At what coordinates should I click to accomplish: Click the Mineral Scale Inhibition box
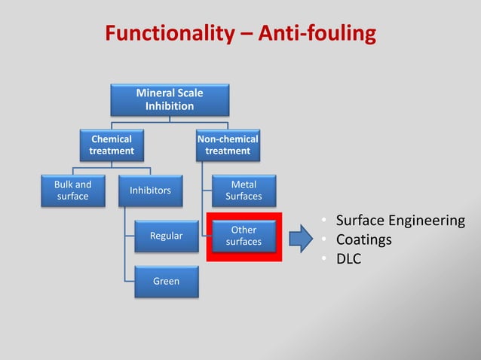click(x=170, y=99)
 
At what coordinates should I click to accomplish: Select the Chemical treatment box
click(x=111, y=145)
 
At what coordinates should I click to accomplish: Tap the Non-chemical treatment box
click(x=228, y=145)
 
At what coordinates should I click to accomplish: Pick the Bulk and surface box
click(x=73, y=191)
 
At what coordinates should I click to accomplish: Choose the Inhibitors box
click(x=150, y=191)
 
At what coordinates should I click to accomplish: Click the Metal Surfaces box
click(x=244, y=191)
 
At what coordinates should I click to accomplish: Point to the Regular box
click(x=167, y=236)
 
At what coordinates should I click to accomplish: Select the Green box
click(x=167, y=281)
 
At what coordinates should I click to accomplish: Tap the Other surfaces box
click(x=244, y=236)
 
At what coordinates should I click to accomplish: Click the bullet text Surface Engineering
click(x=400, y=221)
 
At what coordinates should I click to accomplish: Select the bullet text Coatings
click(x=364, y=241)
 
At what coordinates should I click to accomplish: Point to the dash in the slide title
click(x=246, y=35)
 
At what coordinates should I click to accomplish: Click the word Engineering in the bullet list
click(x=428, y=221)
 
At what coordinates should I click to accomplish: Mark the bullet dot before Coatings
click(x=323, y=241)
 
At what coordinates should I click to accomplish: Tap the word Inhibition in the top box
click(x=170, y=106)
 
